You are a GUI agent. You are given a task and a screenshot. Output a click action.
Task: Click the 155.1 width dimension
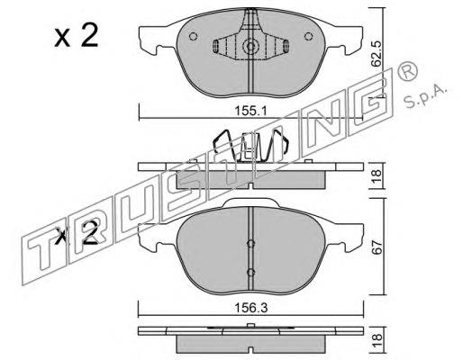point(250,112)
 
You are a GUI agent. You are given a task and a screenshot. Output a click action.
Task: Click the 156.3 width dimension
point(250,308)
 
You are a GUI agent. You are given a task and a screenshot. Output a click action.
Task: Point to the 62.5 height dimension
point(376,54)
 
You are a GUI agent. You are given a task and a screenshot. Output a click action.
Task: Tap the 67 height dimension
point(377,247)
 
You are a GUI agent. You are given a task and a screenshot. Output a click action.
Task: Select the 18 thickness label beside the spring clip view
point(377,176)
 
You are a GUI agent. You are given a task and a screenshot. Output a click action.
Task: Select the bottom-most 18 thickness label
point(377,341)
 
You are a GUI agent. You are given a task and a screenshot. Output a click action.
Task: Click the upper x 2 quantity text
point(77,36)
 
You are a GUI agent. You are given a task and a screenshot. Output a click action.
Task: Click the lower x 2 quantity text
point(77,234)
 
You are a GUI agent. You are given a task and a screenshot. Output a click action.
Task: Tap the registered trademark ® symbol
point(407,71)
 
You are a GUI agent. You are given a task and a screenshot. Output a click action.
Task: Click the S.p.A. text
point(425,96)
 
